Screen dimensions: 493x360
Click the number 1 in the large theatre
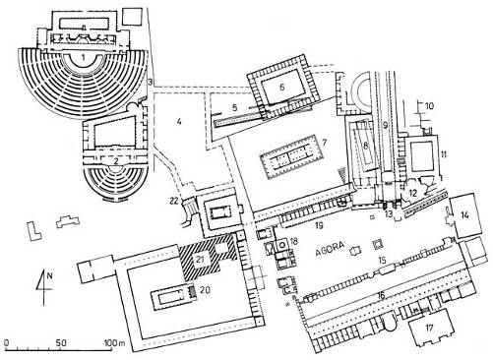[84, 58]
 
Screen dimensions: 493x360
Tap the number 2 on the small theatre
[116, 161]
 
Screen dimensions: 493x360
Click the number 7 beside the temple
[325, 143]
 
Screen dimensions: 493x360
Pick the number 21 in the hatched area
[201, 259]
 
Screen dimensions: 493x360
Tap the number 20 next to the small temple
[205, 289]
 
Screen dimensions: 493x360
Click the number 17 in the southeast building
[429, 328]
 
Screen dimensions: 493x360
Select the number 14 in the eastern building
[464, 215]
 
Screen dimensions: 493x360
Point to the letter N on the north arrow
[49, 275]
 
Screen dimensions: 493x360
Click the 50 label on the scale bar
[61, 343]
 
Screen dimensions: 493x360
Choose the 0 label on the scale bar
[7, 343]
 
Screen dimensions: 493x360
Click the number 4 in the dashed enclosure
[179, 122]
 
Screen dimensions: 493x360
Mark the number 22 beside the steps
[175, 200]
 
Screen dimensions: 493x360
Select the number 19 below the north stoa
[320, 225]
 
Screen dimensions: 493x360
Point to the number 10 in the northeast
[430, 106]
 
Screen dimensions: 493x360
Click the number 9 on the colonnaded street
[386, 125]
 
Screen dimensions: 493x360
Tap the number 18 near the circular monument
[293, 242]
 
